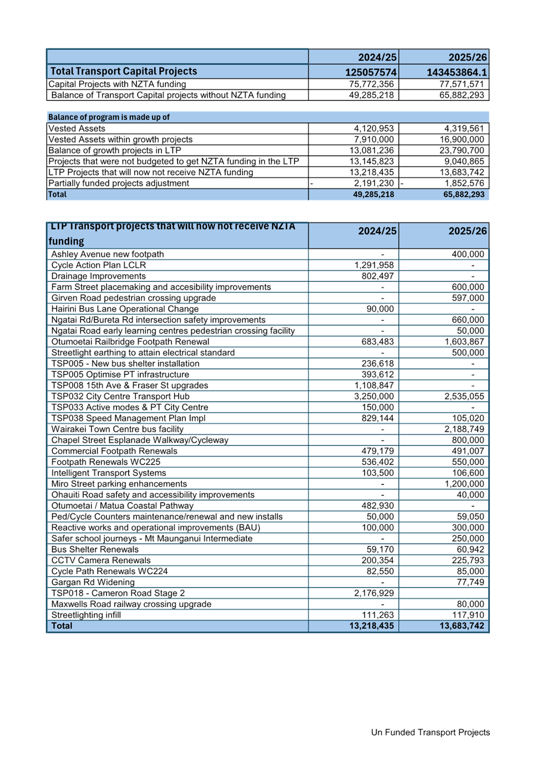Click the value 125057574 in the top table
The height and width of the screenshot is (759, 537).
pos(371,72)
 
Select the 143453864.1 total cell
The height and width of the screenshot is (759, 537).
pos(457,72)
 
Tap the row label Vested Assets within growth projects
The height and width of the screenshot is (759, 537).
pos(120,140)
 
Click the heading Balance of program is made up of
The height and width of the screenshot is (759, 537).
pos(109,117)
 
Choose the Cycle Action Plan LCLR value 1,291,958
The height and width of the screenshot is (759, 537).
pos(374,265)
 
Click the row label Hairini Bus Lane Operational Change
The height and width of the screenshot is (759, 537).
pos(125,308)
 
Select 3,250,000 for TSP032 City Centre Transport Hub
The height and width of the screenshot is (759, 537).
pos(374,396)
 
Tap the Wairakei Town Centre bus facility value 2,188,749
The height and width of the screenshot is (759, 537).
pos(464,429)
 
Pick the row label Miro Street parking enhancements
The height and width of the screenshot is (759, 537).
pos(119,483)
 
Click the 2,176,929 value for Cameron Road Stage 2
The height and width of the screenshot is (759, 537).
pos(374,593)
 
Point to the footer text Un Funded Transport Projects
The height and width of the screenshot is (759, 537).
pos(430,732)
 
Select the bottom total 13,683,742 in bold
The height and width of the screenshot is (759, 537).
pos(462,625)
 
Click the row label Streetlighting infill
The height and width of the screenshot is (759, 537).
pos(86,615)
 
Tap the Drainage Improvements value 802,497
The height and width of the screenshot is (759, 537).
pos(377,276)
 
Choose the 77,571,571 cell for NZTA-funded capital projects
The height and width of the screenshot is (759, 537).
pos(462,84)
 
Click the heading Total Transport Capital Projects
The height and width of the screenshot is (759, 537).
pos(124,71)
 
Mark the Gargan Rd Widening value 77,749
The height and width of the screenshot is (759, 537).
pos(470,582)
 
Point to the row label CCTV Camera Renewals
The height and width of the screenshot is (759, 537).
pos(100,560)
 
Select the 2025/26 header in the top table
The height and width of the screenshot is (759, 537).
pos(468,57)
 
